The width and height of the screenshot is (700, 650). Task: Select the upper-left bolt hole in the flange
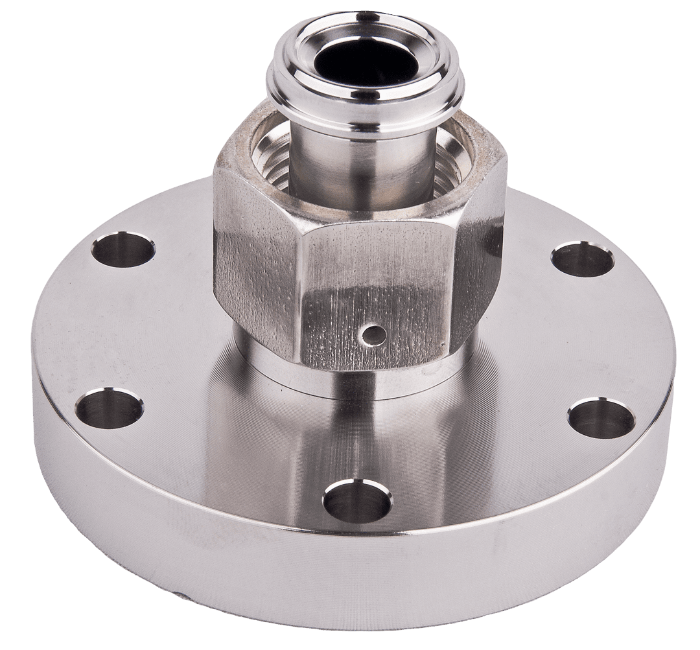click(123, 250)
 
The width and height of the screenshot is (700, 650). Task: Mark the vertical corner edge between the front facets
click(305, 292)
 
